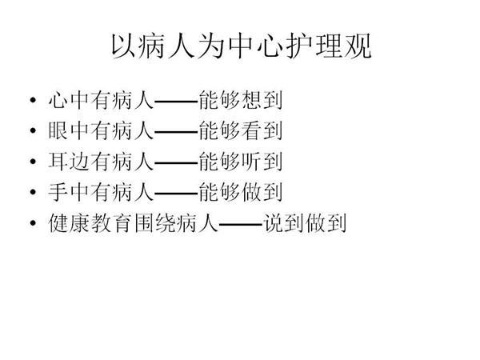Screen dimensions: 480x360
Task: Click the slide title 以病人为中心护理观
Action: click(242, 46)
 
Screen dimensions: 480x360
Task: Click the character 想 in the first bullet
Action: click(251, 100)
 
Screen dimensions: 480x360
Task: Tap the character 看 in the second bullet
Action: click(251, 130)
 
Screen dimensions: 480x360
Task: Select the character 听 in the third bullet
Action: click(251, 162)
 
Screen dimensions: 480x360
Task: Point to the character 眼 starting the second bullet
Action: click(58, 130)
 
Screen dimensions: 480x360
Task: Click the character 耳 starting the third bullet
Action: click(58, 162)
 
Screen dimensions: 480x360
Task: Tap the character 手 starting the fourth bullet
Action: click(58, 192)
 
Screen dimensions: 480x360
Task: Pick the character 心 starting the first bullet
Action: click(58, 100)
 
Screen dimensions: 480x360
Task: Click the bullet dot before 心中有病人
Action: click(33, 100)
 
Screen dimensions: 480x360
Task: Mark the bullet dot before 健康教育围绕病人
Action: click(33, 223)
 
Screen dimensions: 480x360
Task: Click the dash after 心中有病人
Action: click(176, 101)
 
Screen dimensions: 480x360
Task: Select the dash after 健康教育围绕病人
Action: click(241, 224)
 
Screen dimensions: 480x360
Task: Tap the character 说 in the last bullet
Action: click(274, 223)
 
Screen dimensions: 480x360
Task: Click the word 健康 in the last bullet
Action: click(69, 223)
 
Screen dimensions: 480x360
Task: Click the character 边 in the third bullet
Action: click(79, 162)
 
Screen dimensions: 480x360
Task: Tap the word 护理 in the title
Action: click(314, 46)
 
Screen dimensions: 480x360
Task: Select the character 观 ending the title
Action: click(358, 46)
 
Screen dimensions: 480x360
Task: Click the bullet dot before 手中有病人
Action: click(33, 192)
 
